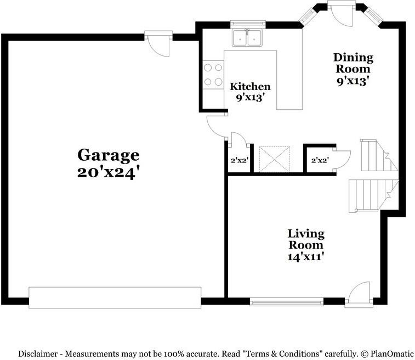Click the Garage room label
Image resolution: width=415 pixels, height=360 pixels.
click(x=108, y=156)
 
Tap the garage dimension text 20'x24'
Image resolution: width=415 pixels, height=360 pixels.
click(x=108, y=173)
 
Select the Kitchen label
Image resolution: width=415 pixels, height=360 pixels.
click(x=250, y=86)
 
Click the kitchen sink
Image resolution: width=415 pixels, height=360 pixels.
click(x=247, y=38)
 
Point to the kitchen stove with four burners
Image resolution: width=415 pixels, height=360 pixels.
click(x=213, y=75)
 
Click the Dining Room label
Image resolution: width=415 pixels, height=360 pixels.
click(x=353, y=63)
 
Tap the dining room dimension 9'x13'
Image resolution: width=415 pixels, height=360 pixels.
click(x=353, y=81)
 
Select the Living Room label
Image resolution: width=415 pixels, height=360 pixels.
click(x=306, y=239)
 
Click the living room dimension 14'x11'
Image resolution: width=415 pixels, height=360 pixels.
click(x=306, y=257)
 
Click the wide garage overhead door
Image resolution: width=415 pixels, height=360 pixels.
click(x=115, y=297)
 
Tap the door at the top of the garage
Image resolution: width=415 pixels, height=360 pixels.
click(x=158, y=43)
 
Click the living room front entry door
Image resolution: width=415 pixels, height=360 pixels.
click(x=359, y=295)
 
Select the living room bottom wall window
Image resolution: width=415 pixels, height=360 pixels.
click(x=287, y=302)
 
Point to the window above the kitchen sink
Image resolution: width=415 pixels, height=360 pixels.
click(x=248, y=24)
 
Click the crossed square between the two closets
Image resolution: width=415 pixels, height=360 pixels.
click(x=274, y=159)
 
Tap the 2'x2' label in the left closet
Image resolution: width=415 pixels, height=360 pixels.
click(x=239, y=160)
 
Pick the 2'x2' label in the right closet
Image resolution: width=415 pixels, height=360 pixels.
click(x=320, y=160)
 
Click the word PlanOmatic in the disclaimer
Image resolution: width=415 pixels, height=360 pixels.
click(x=392, y=353)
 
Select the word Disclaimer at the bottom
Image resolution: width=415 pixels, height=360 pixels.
click(x=37, y=353)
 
